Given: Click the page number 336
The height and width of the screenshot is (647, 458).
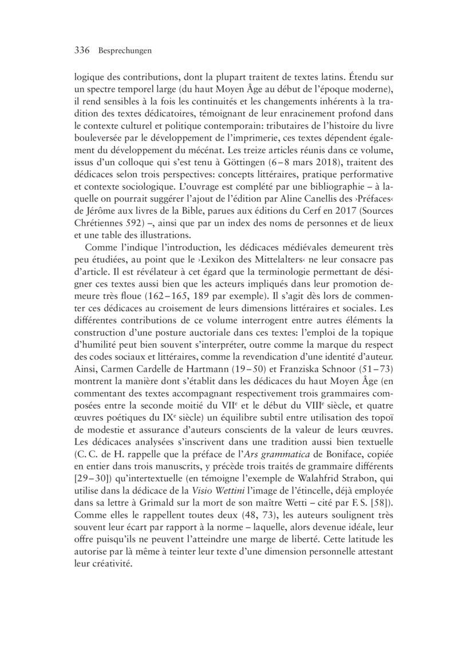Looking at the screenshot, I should pyautogui.click(x=84, y=50).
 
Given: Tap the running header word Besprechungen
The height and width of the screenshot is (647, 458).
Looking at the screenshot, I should pyautogui.click(x=124, y=51).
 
